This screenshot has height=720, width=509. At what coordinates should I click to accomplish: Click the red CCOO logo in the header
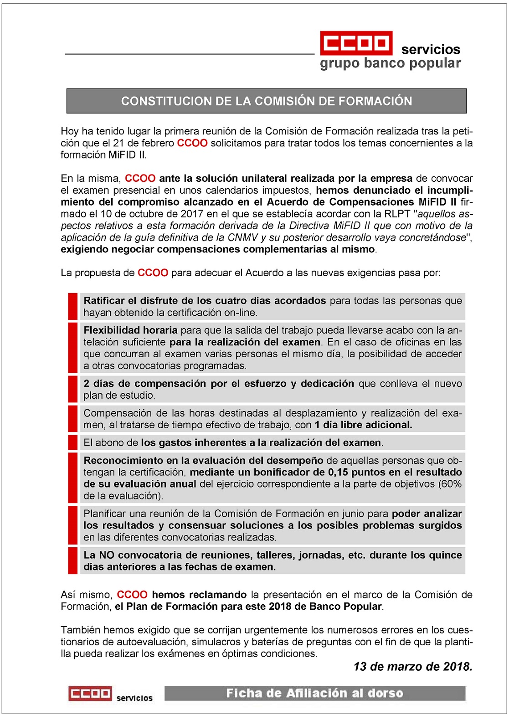[356, 43]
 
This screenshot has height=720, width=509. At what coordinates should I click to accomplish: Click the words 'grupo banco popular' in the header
[390, 63]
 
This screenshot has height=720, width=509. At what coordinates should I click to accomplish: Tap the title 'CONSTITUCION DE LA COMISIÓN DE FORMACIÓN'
[267, 101]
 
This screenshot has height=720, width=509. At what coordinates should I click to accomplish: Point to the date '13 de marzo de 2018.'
[412, 667]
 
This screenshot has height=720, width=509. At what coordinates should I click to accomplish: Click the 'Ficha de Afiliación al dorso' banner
[315, 693]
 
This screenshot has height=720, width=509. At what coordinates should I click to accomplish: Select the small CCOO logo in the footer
[90, 694]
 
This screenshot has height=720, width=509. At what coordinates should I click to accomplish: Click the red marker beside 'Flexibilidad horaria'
[72, 348]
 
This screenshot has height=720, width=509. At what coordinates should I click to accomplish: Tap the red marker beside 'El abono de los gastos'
[72, 442]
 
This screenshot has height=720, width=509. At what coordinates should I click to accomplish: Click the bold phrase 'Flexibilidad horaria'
[130, 330]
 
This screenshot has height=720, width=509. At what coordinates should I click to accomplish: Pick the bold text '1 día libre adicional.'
[363, 425]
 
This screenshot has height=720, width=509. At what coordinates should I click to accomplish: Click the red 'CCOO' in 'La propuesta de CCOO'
[153, 273]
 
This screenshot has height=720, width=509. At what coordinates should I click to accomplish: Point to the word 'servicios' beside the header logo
[431, 50]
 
